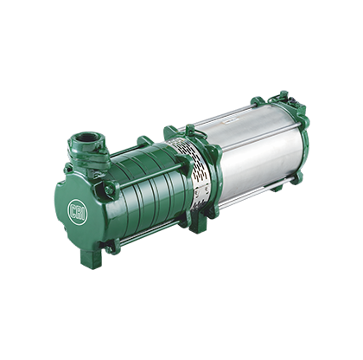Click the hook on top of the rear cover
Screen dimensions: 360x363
pos(283,94)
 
